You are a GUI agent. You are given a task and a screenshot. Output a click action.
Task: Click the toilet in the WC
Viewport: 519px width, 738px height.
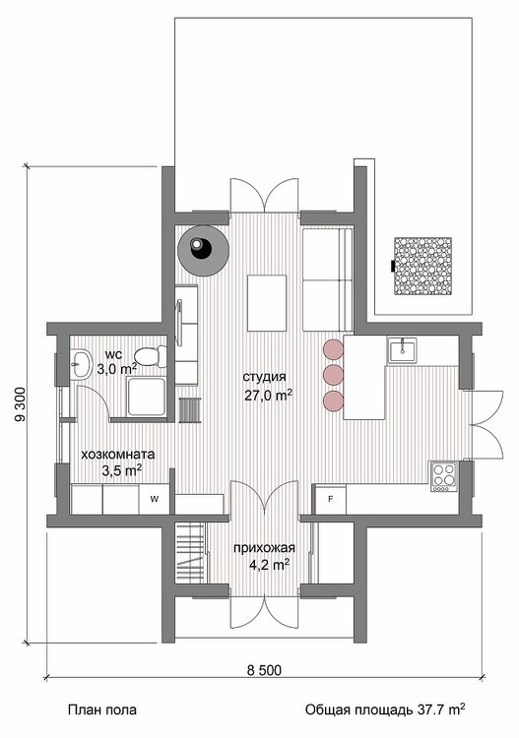(x=151, y=357)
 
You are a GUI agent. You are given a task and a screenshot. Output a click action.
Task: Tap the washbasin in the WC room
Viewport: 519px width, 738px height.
(x=82, y=363)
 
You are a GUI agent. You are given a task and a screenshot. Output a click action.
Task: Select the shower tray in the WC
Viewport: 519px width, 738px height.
(x=147, y=397)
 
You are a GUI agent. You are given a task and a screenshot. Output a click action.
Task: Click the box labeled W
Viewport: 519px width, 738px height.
(x=154, y=499)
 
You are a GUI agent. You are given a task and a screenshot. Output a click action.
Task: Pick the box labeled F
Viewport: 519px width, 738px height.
(x=331, y=499)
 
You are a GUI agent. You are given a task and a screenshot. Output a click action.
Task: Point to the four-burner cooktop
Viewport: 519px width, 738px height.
(x=443, y=476)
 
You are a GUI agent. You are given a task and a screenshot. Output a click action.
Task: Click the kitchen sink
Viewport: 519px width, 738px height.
(x=402, y=350)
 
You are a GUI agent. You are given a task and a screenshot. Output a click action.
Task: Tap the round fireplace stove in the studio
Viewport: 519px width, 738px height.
(x=204, y=250)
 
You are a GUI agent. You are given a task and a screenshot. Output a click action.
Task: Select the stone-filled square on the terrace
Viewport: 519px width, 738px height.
(x=422, y=267)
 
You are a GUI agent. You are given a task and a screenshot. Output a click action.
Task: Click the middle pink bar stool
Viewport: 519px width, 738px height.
(x=333, y=375)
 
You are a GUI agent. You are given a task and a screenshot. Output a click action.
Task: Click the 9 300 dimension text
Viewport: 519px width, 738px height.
(x=21, y=404)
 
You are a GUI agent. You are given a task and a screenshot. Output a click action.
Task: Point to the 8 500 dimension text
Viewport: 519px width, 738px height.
(x=264, y=669)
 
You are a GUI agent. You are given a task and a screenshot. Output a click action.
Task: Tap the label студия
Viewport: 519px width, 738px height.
(x=264, y=377)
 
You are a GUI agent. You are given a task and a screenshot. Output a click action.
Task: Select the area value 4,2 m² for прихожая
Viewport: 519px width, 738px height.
(x=269, y=565)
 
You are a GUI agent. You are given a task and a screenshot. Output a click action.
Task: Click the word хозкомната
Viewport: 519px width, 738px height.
(x=118, y=455)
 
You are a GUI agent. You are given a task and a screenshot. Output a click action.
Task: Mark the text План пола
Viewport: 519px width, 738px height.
(x=102, y=709)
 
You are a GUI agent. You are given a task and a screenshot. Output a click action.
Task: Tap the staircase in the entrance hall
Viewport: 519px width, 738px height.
(x=191, y=552)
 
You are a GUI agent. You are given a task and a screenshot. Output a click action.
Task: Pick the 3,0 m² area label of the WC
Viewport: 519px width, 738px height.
(x=117, y=369)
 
